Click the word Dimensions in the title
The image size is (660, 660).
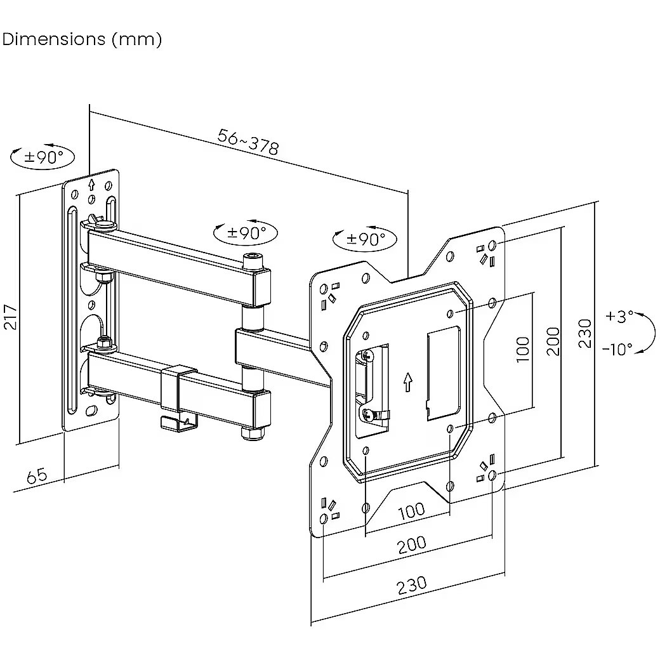click(54, 39)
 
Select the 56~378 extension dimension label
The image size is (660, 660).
click(248, 142)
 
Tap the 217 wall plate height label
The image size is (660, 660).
click(11, 317)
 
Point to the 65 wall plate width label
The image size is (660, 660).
click(37, 475)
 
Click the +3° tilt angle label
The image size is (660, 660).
click(619, 316)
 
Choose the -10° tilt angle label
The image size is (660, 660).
click(617, 349)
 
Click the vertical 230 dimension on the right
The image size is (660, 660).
click(584, 333)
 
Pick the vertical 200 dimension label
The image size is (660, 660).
click(553, 341)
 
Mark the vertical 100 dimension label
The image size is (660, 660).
click(522, 350)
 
